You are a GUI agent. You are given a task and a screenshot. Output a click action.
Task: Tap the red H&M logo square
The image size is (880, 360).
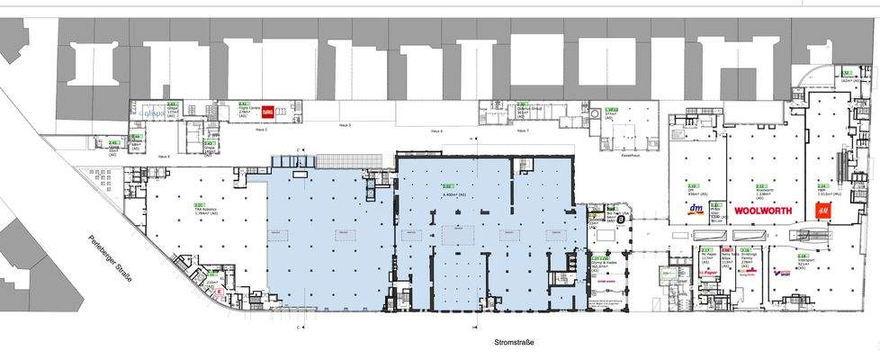pyautogui.click(x=822, y=210)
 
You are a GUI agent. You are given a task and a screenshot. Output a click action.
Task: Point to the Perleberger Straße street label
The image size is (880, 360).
pyautogui.click(x=109, y=257)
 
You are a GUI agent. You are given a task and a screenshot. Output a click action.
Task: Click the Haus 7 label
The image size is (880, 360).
pyautogui.click(x=522, y=131)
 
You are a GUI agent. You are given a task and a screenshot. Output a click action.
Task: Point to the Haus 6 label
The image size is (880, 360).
pyautogui.click(x=436, y=131)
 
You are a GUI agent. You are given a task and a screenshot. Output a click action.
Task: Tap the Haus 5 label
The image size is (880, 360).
pyautogui.click(x=344, y=126)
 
